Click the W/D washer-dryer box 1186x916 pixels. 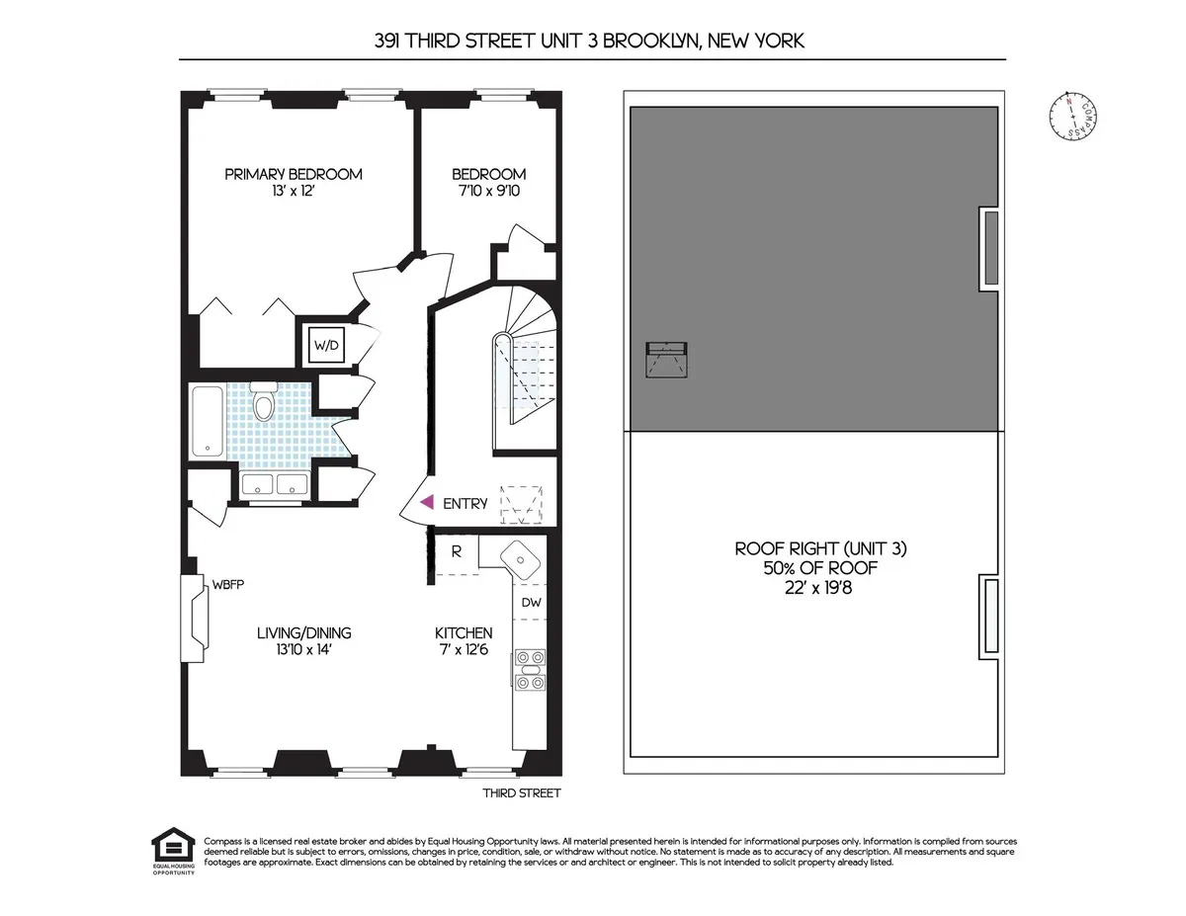[326, 346]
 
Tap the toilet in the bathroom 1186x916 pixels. [263, 403]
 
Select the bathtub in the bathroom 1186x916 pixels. [208, 422]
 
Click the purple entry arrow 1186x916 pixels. [427, 503]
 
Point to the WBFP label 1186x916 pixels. [227, 584]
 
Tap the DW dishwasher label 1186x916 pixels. [531, 602]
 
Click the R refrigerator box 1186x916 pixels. [457, 551]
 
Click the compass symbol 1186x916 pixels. [1072, 116]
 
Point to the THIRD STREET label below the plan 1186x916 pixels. [521, 792]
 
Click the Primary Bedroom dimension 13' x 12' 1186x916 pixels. [294, 192]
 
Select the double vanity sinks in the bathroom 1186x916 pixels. [275, 485]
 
